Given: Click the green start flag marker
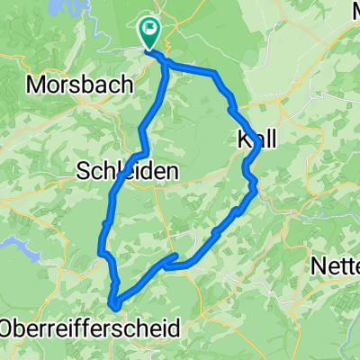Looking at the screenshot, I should (149, 33).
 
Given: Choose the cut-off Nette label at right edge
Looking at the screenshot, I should (336, 266).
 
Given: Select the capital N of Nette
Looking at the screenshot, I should (318, 266).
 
